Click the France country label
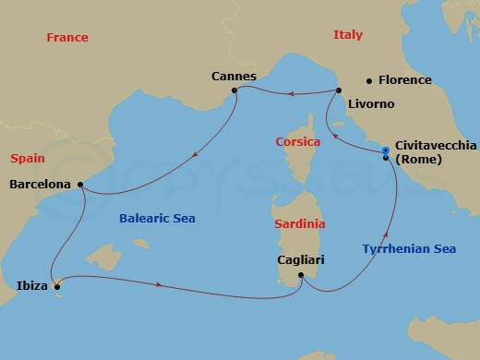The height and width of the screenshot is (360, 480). [x=67, y=38]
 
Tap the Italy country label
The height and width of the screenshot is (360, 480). [x=347, y=35]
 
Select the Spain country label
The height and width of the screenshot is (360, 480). [x=27, y=159]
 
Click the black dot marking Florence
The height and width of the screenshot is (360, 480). [x=369, y=80]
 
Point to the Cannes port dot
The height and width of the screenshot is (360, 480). [x=235, y=90]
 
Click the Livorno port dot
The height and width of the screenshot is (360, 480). [x=340, y=90]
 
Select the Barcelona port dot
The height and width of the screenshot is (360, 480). [x=81, y=185]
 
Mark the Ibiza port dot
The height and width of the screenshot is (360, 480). [x=57, y=286]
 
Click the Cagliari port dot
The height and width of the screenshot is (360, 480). [x=302, y=274]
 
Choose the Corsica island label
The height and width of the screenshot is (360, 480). [x=297, y=142]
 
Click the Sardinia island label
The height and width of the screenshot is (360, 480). [x=300, y=223]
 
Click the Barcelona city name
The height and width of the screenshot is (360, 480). [x=40, y=185]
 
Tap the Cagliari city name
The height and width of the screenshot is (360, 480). [x=302, y=259]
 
